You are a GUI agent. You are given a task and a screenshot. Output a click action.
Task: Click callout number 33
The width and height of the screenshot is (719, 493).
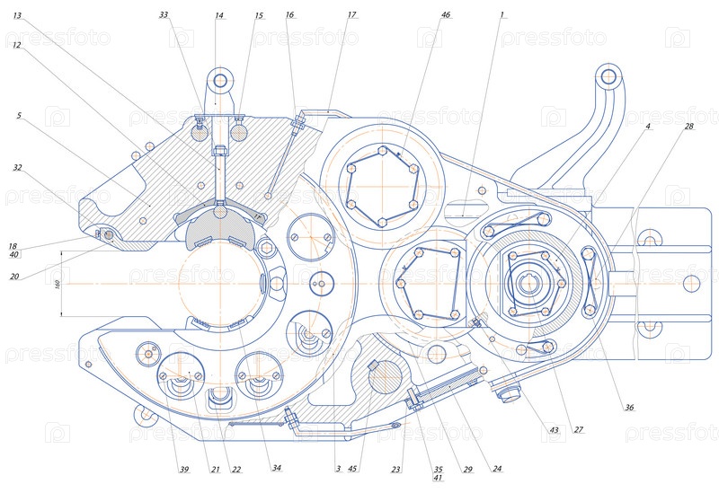163,15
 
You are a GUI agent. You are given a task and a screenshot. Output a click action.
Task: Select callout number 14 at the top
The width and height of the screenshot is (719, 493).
219,15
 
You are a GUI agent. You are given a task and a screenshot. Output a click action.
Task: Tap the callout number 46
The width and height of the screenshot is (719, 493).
446,15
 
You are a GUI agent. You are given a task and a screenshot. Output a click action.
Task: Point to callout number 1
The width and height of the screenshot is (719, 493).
502,15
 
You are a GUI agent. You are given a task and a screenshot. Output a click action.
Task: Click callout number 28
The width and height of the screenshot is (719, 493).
688,127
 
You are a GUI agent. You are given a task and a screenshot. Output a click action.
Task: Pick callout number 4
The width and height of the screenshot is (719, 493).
647,127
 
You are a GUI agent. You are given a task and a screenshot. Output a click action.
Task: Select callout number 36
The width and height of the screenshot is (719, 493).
629,408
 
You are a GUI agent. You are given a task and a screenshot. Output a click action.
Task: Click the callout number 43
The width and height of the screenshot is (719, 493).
554,430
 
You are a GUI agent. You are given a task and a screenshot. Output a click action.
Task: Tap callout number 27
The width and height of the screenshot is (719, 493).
579,430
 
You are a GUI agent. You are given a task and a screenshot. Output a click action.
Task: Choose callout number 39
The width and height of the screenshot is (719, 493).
183,469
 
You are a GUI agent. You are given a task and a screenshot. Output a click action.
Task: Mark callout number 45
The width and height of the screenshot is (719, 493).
353,469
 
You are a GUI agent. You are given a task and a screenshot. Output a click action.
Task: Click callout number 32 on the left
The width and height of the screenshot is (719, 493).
17,167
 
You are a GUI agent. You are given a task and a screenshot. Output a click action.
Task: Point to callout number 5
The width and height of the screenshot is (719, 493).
17,116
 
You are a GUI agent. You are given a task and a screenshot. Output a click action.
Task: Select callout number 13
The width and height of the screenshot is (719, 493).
17,16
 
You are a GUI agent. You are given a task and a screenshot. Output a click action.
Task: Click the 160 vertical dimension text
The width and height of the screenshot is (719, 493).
56,284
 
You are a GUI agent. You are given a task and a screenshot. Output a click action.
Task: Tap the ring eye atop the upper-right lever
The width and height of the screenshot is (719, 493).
609,75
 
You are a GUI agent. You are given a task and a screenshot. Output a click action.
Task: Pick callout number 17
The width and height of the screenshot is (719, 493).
351,15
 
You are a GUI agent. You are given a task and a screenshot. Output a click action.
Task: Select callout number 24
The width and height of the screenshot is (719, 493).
497,469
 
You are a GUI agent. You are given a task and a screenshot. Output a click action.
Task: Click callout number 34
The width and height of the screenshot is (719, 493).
277,469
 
